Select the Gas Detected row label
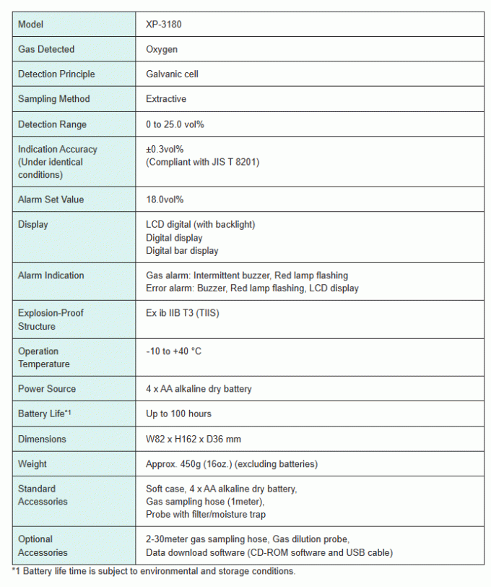point(46,49)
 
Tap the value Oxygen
point(162,49)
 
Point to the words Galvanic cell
point(172,74)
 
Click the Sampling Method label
point(53,98)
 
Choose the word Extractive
point(166,98)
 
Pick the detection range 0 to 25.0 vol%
point(175,124)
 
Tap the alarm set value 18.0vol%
point(166,200)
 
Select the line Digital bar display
point(182,251)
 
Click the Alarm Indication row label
point(51,275)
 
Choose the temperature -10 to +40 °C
point(173,351)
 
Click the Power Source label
point(47,389)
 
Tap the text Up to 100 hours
point(178,414)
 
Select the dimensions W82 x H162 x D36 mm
point(193,439)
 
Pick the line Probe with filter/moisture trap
point(206,514)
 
